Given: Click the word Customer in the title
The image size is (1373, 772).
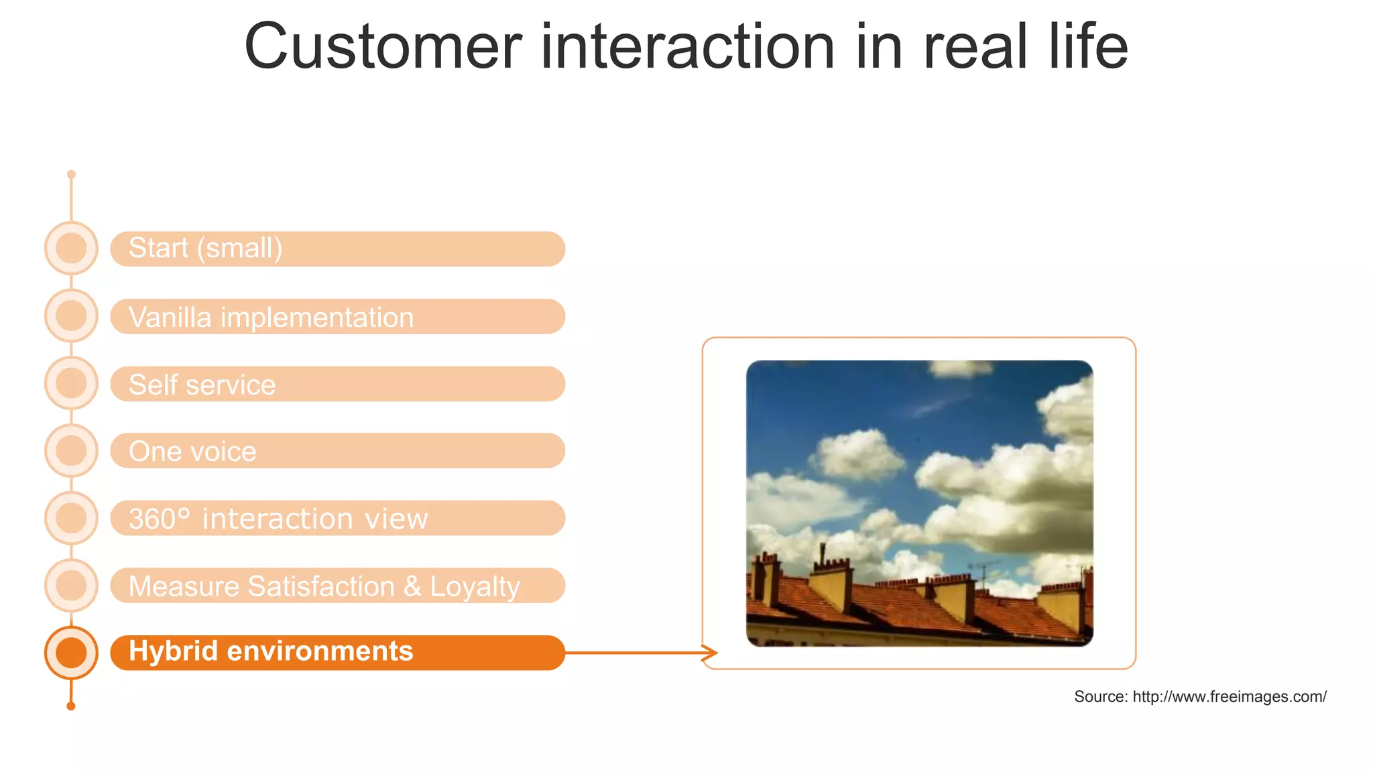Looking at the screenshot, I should point(382,47).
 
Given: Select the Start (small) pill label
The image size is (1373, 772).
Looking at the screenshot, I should point(337,249).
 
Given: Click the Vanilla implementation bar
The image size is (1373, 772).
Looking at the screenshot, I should point(337,316).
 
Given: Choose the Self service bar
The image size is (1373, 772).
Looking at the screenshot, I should point(337,384).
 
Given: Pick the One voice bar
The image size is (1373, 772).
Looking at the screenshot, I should point(337,451).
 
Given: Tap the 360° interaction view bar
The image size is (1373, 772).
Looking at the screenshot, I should point(337,518).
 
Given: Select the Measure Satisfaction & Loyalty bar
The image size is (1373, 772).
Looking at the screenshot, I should point(337,586).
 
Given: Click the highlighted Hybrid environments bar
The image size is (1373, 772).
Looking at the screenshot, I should point(337,652).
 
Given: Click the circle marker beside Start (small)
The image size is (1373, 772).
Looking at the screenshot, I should point(71,248).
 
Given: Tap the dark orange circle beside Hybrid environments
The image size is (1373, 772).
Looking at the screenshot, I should point(71,653).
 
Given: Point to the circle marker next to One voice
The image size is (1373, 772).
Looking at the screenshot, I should point(71,450).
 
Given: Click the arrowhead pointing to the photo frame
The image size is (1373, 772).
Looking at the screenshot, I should point(711,653).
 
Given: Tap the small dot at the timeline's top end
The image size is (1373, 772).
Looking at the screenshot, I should point(71,174).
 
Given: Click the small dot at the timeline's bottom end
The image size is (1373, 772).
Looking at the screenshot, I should point(71,706).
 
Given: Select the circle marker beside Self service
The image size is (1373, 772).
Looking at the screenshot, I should point(71,383).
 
